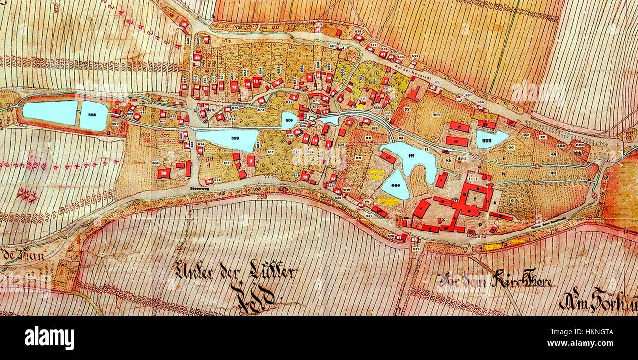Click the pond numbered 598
(93, 116)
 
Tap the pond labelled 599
(227, 139)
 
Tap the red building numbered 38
(163, 173)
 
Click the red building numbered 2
(251, 161)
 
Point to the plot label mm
(435, 114)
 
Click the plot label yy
(407, 108)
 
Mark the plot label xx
(368, 138)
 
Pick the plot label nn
(358, 157)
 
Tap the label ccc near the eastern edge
(580, 145)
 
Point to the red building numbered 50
(197, 57)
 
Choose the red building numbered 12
(234, 87)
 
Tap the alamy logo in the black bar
(49, 338)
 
